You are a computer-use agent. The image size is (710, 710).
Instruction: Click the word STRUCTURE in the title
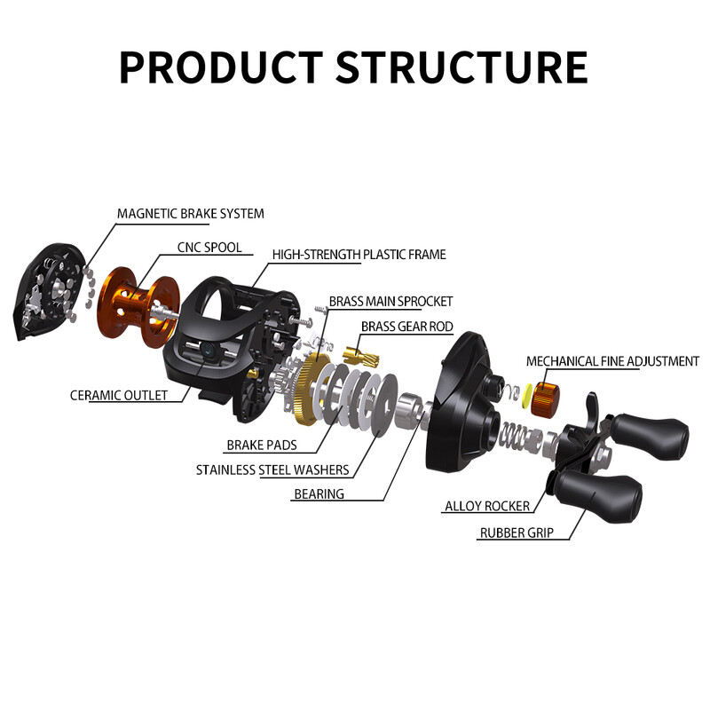point(462,67)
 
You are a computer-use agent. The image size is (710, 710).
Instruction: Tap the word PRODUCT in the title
point(221,67)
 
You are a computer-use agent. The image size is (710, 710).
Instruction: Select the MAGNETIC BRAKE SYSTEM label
point(190,213)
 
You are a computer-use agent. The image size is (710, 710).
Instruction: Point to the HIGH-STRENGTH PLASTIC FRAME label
point(359,255)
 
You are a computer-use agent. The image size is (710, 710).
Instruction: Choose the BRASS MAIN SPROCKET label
point(390,302)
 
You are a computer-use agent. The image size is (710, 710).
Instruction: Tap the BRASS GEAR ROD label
point(406,327)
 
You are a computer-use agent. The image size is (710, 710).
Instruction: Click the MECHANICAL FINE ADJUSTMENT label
point(612,361)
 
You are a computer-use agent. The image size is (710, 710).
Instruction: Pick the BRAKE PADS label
point(261,445)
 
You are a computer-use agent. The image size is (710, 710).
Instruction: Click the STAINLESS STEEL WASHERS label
point(272,469)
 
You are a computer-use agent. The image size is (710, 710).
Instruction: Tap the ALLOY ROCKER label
point(486,506)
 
